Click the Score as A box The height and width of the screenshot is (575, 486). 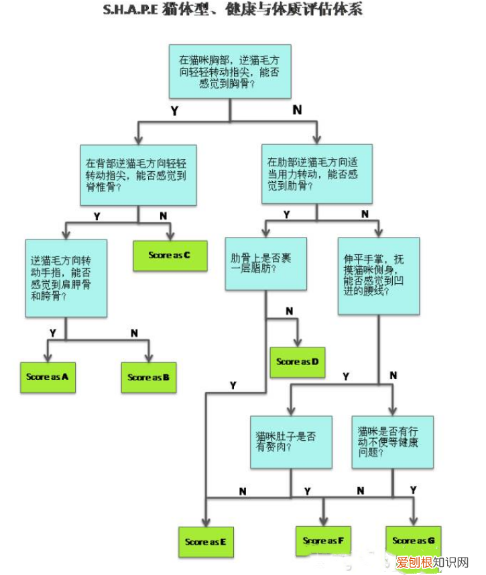click(x=48, y=376)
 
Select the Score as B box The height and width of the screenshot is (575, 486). click(x=148, y=377)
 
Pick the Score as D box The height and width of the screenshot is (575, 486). click(x=297, y=362)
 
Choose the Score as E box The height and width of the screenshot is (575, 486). click(x=206, y=541)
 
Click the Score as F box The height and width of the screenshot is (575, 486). click(x=323, y=540)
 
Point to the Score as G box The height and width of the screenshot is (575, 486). click(x=413, y=540)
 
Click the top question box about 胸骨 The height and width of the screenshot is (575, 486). click(x=230, y=71)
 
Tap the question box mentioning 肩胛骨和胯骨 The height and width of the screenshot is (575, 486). click(x=66, y=278)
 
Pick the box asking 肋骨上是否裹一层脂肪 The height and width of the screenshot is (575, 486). click(x=265, y=263)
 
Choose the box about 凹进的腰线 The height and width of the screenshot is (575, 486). click(x=379, y=275)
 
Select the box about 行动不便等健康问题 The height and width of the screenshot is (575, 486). click(x=392, y=442)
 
